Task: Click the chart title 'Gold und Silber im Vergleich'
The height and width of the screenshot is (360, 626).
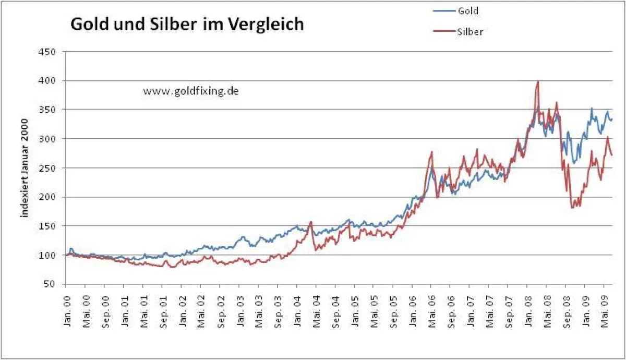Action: pyautogui.click(x=187, y=25)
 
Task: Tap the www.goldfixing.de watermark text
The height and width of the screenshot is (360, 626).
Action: pyautogui.click(x=191, y=91)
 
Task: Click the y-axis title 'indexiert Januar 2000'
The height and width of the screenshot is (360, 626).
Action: pyautogui.click(x=23, y=167)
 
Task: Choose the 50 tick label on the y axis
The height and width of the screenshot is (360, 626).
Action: pyautogui.click(x=52, y=284)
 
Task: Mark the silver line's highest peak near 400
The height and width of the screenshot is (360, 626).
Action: pyautogui.click(x=537, y=82)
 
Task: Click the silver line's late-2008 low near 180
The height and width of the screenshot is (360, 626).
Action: pyautogui.click(x=572, y=208)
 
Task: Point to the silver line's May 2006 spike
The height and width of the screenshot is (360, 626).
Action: pyautogui.click(x=432, y=152)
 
